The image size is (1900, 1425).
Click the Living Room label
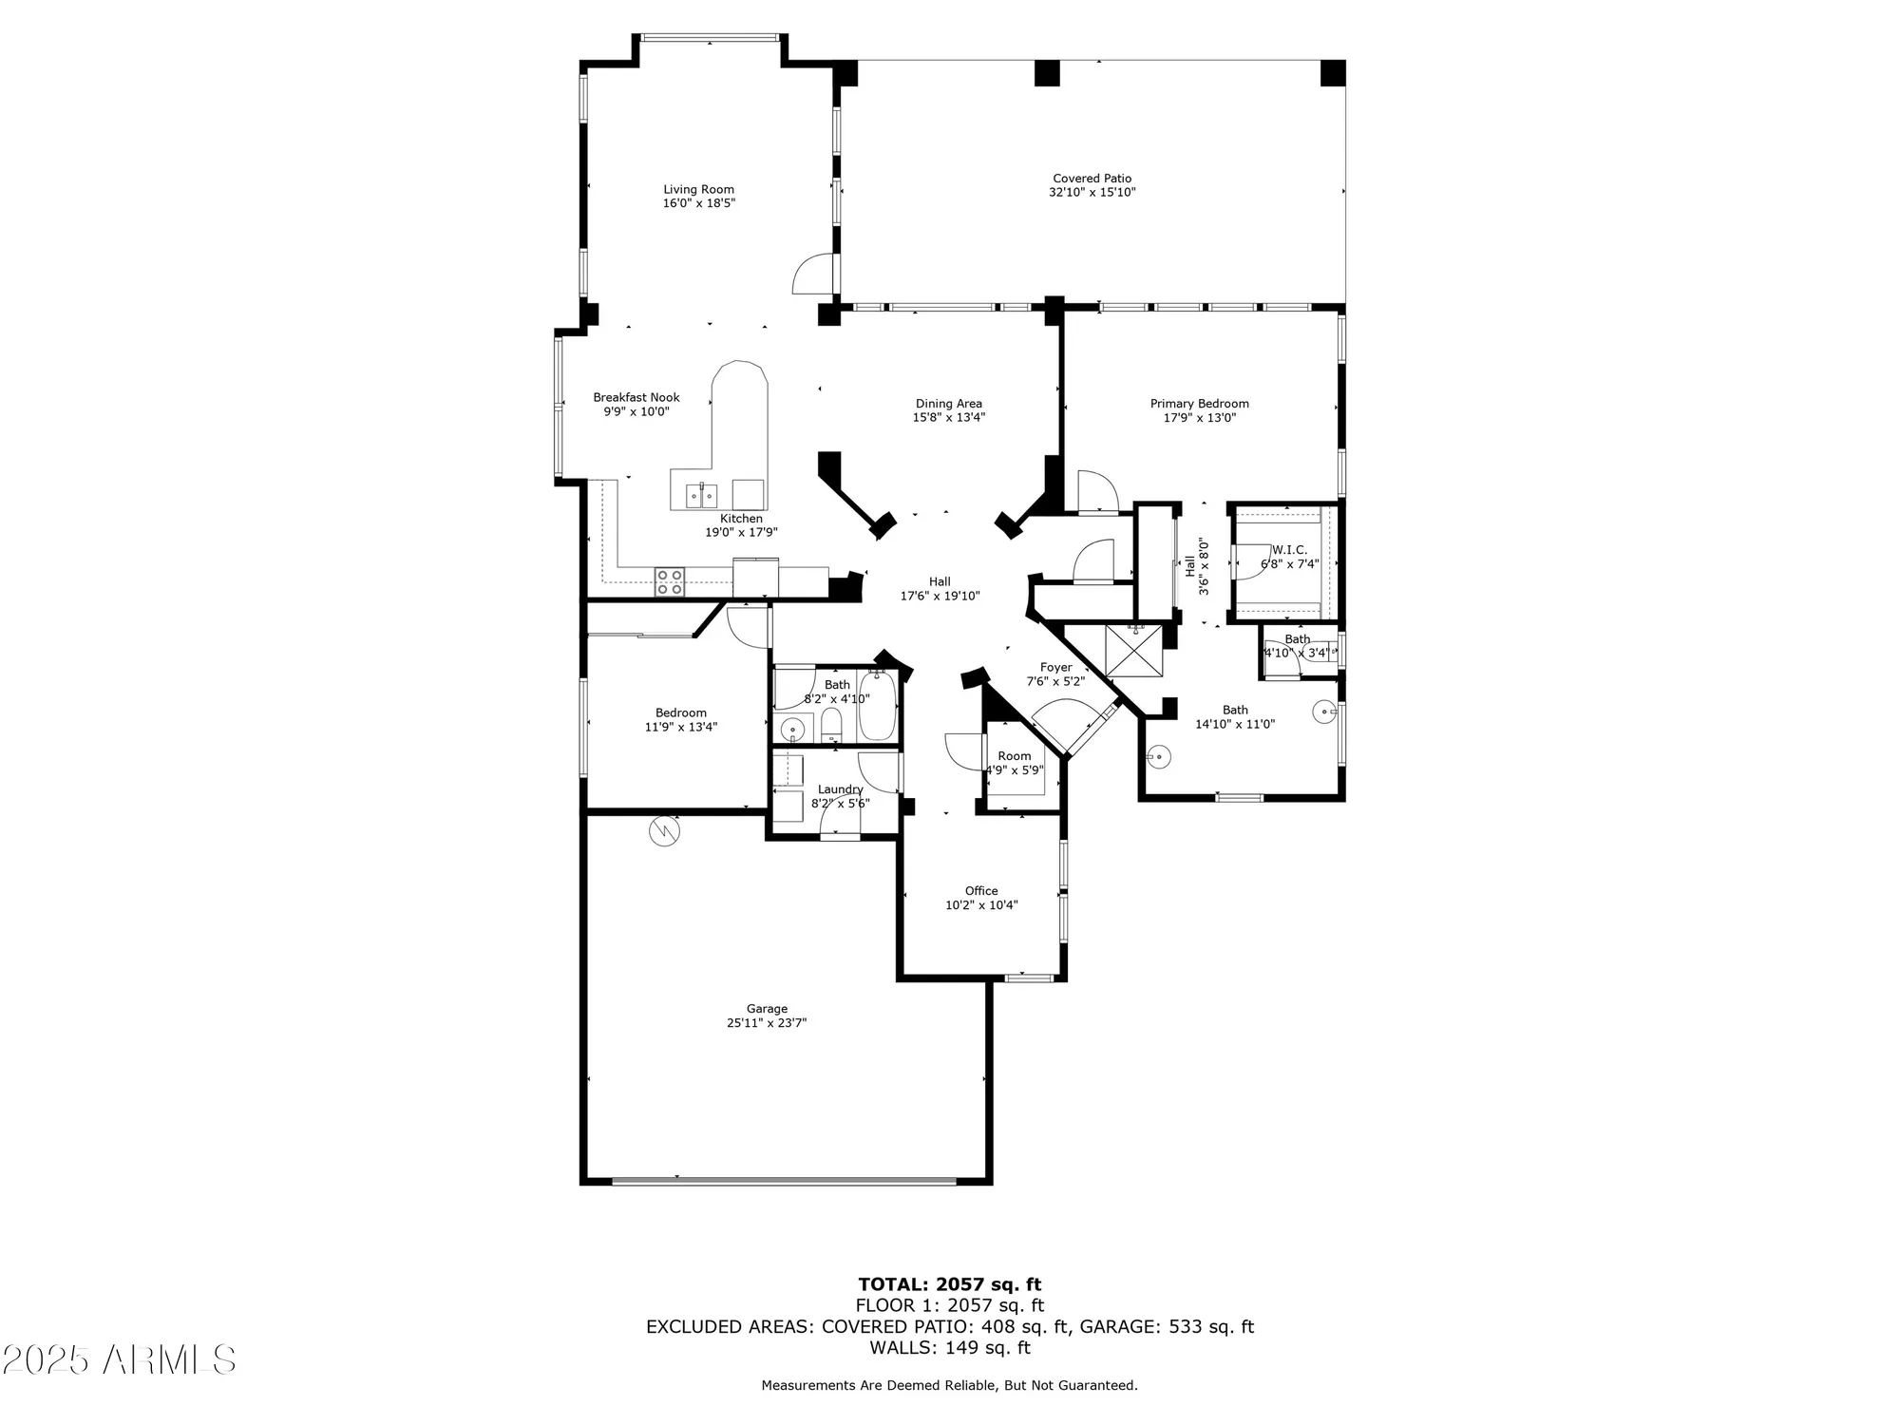[x=698, y=190]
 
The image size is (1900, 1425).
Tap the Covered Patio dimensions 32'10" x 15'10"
[x=1092, y=193]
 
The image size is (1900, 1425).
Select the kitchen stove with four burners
[x=669, y=581]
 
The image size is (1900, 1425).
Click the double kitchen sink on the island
[x=701, y=495]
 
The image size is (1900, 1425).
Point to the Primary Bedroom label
[x=1199, y=404]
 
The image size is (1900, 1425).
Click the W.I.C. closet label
[x=1289, y=550]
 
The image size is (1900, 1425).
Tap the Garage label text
[x=767, y=1009]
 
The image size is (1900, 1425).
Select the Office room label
[x=981, y=891]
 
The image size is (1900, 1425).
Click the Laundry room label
[x=840, y=789]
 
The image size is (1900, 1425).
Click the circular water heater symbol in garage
[x=664, y=831]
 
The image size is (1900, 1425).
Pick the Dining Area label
[x=948, y=404]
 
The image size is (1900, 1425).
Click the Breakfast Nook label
[x=636, y=398]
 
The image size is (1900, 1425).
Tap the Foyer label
[x=1055, y=668]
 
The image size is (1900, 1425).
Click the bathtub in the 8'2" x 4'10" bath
[x=878, y=706]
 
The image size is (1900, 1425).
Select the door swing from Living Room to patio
[x=814, y=275]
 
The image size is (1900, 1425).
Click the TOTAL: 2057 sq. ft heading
[x=949, y=1285]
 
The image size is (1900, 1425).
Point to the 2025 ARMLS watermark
[x=119, y=1360]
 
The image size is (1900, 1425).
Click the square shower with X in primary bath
[x=1133, y=651]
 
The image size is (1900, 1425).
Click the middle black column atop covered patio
[x=1046, y=73]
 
